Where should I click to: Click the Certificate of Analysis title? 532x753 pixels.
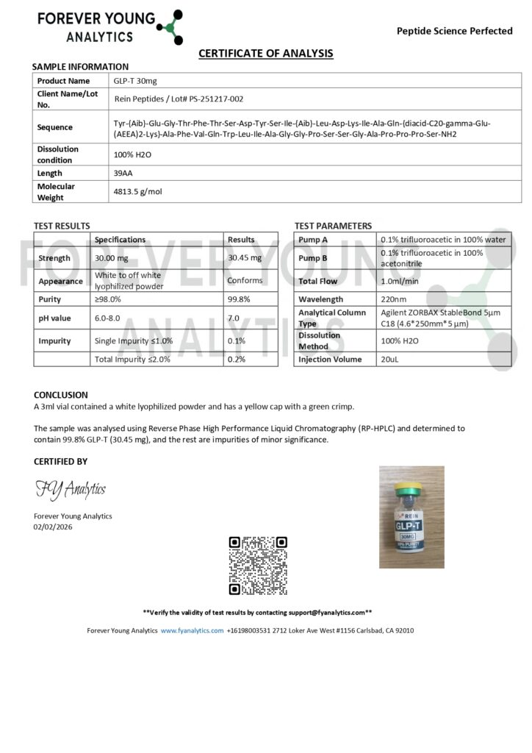tap(266, 53)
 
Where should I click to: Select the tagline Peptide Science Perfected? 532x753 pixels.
tap(454, 31)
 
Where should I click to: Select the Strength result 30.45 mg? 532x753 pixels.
tap(244, 258)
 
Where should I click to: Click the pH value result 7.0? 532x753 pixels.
tap(233, 318)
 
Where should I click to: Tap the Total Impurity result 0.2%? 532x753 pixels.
tap(236, 360)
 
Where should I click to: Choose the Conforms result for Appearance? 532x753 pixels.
tap(245, 281)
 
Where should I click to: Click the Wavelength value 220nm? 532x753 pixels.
tap(393, 299)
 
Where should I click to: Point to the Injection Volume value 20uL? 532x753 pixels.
tap(390, 360)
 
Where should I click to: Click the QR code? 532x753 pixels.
tap(258, 566)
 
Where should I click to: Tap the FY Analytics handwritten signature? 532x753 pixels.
tap(70, 489)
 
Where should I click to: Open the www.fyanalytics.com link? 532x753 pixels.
tap(192, 630)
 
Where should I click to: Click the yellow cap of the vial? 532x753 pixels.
tap(411, 487)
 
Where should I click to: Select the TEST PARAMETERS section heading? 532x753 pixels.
tap(333, 226)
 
